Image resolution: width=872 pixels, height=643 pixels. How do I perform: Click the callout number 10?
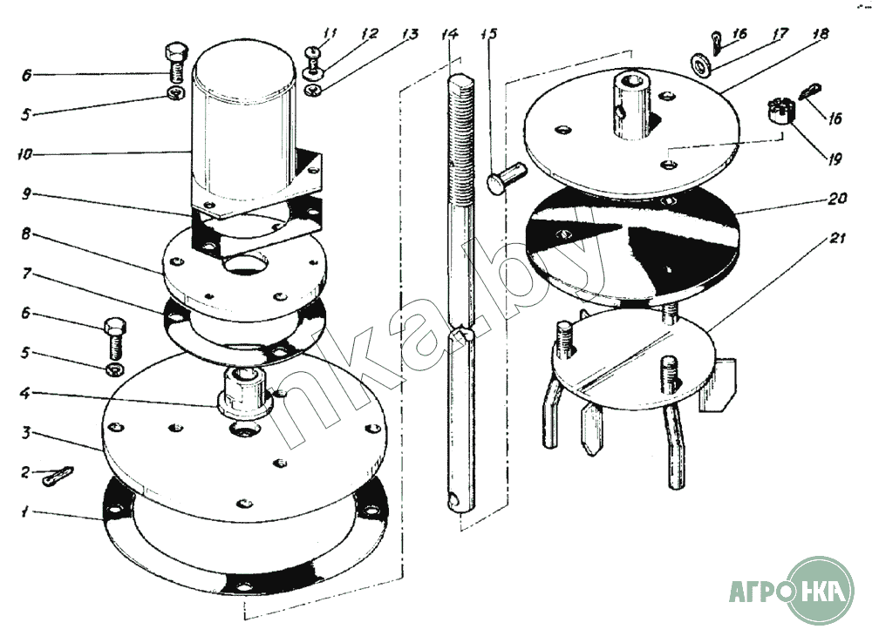click(24, 154)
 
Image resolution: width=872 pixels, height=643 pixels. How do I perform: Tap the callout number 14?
click(449, 35)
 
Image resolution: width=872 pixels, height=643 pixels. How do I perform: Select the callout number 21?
click(837, 239)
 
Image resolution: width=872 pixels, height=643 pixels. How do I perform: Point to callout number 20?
click(837, 199)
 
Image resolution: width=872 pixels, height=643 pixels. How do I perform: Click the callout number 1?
click(24, 511)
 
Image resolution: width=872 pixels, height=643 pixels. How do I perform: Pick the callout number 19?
click(835, 159)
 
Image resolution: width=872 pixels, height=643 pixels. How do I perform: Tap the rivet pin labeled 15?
click(505, 177)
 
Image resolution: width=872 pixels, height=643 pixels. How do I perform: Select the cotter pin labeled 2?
click(58, 477)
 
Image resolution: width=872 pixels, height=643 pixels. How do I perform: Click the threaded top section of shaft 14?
click(461, 139)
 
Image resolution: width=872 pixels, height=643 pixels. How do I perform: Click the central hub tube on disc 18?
click(631, 105)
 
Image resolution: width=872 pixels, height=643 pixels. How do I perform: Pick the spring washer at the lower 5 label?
click(115, 369)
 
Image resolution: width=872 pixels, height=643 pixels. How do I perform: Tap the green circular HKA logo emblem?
click(821, 591)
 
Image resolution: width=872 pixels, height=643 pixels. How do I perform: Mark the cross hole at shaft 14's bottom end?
click(453, 501)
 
